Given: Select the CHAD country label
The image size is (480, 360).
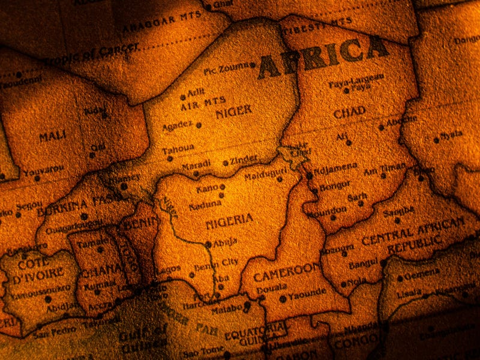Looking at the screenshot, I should click(349, 113).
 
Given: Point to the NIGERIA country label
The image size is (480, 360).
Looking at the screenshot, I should click(229, 220).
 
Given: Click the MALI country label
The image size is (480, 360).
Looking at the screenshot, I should click(52, 137).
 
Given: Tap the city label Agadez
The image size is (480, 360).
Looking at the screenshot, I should click(178, 125).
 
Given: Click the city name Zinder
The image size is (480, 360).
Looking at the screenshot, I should click(244, 160).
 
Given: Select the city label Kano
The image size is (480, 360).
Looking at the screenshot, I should click(207, 188).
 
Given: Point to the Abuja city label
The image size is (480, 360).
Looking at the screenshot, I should click(225, 242).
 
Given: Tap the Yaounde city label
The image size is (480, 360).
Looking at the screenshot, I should click(307, 293).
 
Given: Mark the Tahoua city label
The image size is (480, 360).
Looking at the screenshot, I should click(178, 148).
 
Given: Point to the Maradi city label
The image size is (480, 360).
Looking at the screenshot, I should click(196, 164).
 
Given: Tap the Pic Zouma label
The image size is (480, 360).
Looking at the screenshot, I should click(226, 69).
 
